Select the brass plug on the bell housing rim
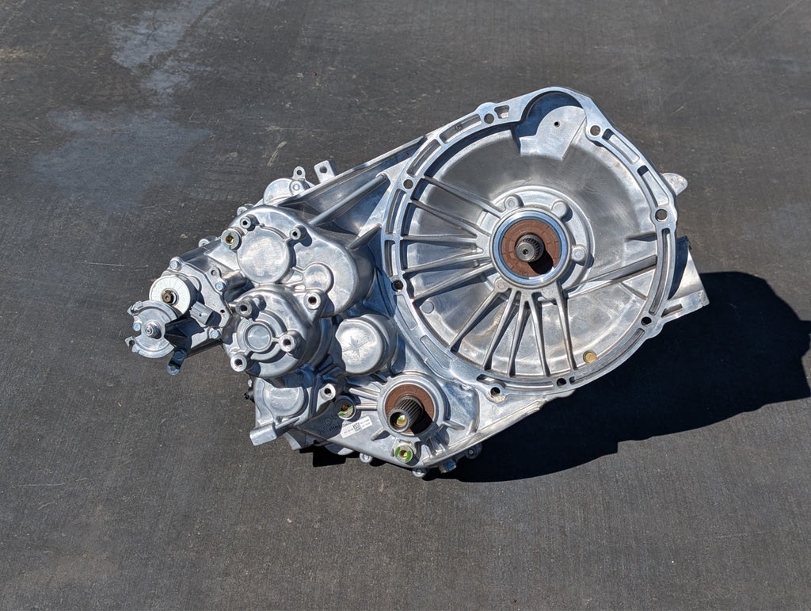click(589, 357)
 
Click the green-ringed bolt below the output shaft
click(405, 453)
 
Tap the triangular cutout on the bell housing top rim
click(501, 111)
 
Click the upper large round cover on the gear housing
click(264, 252)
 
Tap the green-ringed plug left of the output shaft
click(345, 410)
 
